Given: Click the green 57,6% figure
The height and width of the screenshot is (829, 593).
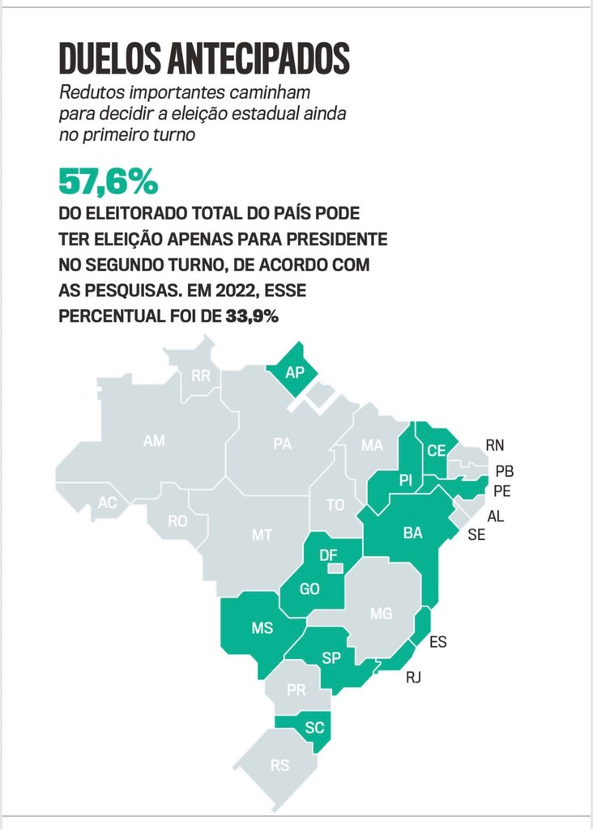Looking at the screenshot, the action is click(108, 182).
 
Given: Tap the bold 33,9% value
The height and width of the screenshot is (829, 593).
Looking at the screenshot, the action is click(252, 317).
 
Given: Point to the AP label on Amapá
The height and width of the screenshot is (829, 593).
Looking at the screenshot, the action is click(295, 372).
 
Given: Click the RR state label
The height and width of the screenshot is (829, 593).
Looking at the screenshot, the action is click(201, 376).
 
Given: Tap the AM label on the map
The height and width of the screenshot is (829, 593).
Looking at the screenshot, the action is click(154, 440).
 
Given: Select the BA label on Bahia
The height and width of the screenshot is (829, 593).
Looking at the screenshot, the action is click(412, 533).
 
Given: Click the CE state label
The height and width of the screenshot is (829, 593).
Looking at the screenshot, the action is click(437, 450).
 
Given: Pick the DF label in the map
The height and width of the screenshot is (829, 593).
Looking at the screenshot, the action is click(328, 555).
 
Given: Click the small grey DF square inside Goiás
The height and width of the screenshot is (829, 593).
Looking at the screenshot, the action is click(335, 568).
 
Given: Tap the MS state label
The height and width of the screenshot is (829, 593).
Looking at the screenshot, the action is click(262, 627).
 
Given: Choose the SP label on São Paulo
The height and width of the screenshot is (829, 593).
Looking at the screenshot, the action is click(331, 657).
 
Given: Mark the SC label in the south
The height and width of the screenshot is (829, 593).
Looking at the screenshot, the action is click(314, 728).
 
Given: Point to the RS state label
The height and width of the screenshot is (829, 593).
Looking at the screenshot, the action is click(279, 765).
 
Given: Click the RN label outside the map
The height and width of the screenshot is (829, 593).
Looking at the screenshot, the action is click(495, 445).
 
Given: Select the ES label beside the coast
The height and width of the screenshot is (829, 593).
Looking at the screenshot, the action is click(438, 642).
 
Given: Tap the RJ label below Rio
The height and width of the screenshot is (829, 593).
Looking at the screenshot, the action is click(413, 678).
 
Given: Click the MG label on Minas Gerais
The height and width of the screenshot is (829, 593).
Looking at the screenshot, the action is click(381, 614).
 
